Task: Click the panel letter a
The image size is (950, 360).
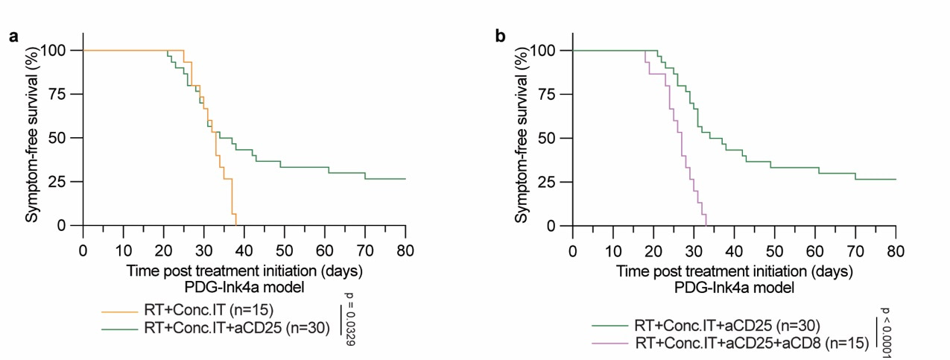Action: [x=13, y=35]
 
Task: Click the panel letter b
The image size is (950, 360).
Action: [x=501, y=35]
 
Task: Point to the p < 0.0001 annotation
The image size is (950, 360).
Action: [x=886, y=331]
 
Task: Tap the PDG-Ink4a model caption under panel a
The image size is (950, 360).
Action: [x=244, y=286]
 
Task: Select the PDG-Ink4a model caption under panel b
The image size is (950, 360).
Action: [x=733, y=286]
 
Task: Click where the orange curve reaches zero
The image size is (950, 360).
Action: [x=236, y=225]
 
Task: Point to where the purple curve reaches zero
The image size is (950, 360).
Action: [x=706, y=225]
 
